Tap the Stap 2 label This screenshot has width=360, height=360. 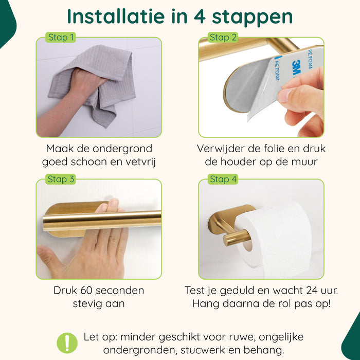[223, 37]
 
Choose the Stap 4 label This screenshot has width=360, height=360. [223, 179]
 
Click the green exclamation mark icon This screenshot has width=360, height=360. [67, 342]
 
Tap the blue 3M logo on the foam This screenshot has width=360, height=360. [297, 66]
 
